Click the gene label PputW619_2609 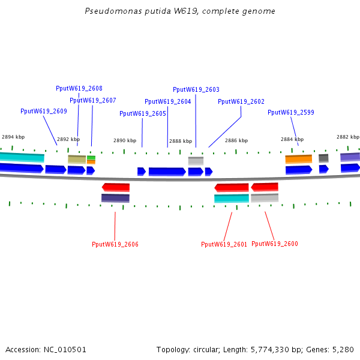pyautogui.click(x=43, y=111)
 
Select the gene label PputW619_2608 pyautogui.click(x=79, y=88)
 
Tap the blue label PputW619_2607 pyautogui.click(x=92, y=100)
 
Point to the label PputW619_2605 pyautogui.click(x=142, y=113)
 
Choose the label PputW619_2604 pyautogui.click(x=167, y=101)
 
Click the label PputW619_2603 pyautogui.click(x=196, y=89)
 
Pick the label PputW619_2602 pyautogui.click(x=241, y=101)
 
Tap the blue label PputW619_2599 pyautogui.click(x=290, y=112)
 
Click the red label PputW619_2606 pyautogui.click(x=115, y=244)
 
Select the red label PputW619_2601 pyautogui.click(x=224, y=244)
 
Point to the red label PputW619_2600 pyautogui.click(x=274, y=244)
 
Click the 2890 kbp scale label pyautogui.click(x=125, y=140)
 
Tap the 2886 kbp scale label pyautogui.click(x=236, y=140)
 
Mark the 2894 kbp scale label pyautogui.click(x=13, y=137)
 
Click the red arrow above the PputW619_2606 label pyautogui.click(x=116, y=187)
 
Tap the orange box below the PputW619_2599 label pyautogui.click(x=298, y=159)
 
